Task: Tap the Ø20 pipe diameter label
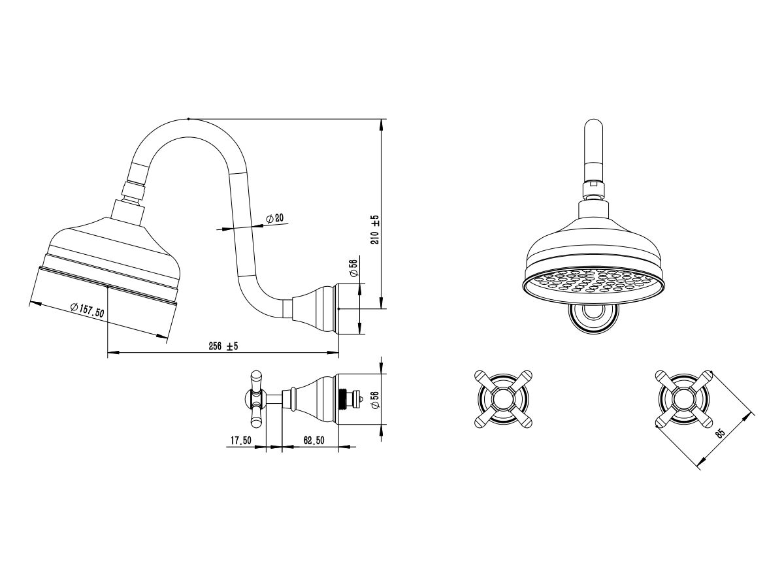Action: coord(275,218)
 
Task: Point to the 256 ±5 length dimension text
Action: coord(223,346)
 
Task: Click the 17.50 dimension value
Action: coord(240,440)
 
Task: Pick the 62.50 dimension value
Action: coord(314,440)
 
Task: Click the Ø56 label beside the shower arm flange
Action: coord(353,268)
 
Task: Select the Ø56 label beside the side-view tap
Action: coord(374,400)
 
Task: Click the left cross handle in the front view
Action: coord(503,399)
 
